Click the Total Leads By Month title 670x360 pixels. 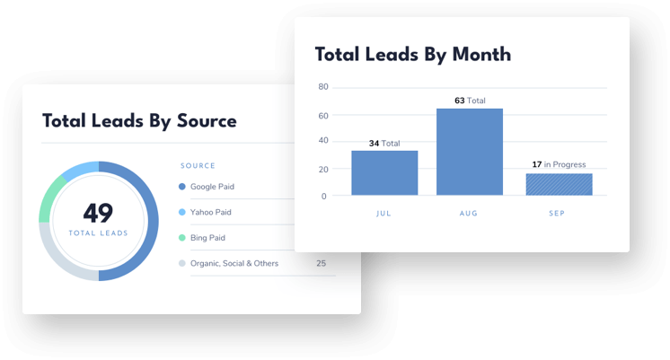pyautogui.click(x=412, y=55)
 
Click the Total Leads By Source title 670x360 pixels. pyautogui.click(x=139, y=121)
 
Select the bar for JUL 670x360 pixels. pyautogui.click(x=384, y=172)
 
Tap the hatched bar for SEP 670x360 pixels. pyautogui.click(x=559, y=184)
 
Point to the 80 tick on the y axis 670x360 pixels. pyautogui.click(x=323, y=87)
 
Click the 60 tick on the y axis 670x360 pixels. pyautogui.click(x=323, y=115)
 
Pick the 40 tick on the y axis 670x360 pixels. pyautogui.click(x=323, y=142)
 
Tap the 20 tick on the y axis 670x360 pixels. pyautogui.click(x=323, y=169)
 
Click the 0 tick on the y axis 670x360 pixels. pyautogui.click(x=325, y=196)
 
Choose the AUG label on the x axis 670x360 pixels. pyautogui.click(x=470, y=215)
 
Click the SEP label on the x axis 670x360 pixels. pyautogui.click(x=559, y=215)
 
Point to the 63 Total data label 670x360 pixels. pyautogui.click(x=470, y=101)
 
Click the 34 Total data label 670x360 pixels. pyautogui.click(x=384, y=143)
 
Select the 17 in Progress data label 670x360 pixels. pyautogui.click(x=559, y=164)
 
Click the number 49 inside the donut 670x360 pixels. pyautogui.click(x=98, y=213)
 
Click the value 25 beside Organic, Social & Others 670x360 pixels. pyautogui.click(x=321, y=263)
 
